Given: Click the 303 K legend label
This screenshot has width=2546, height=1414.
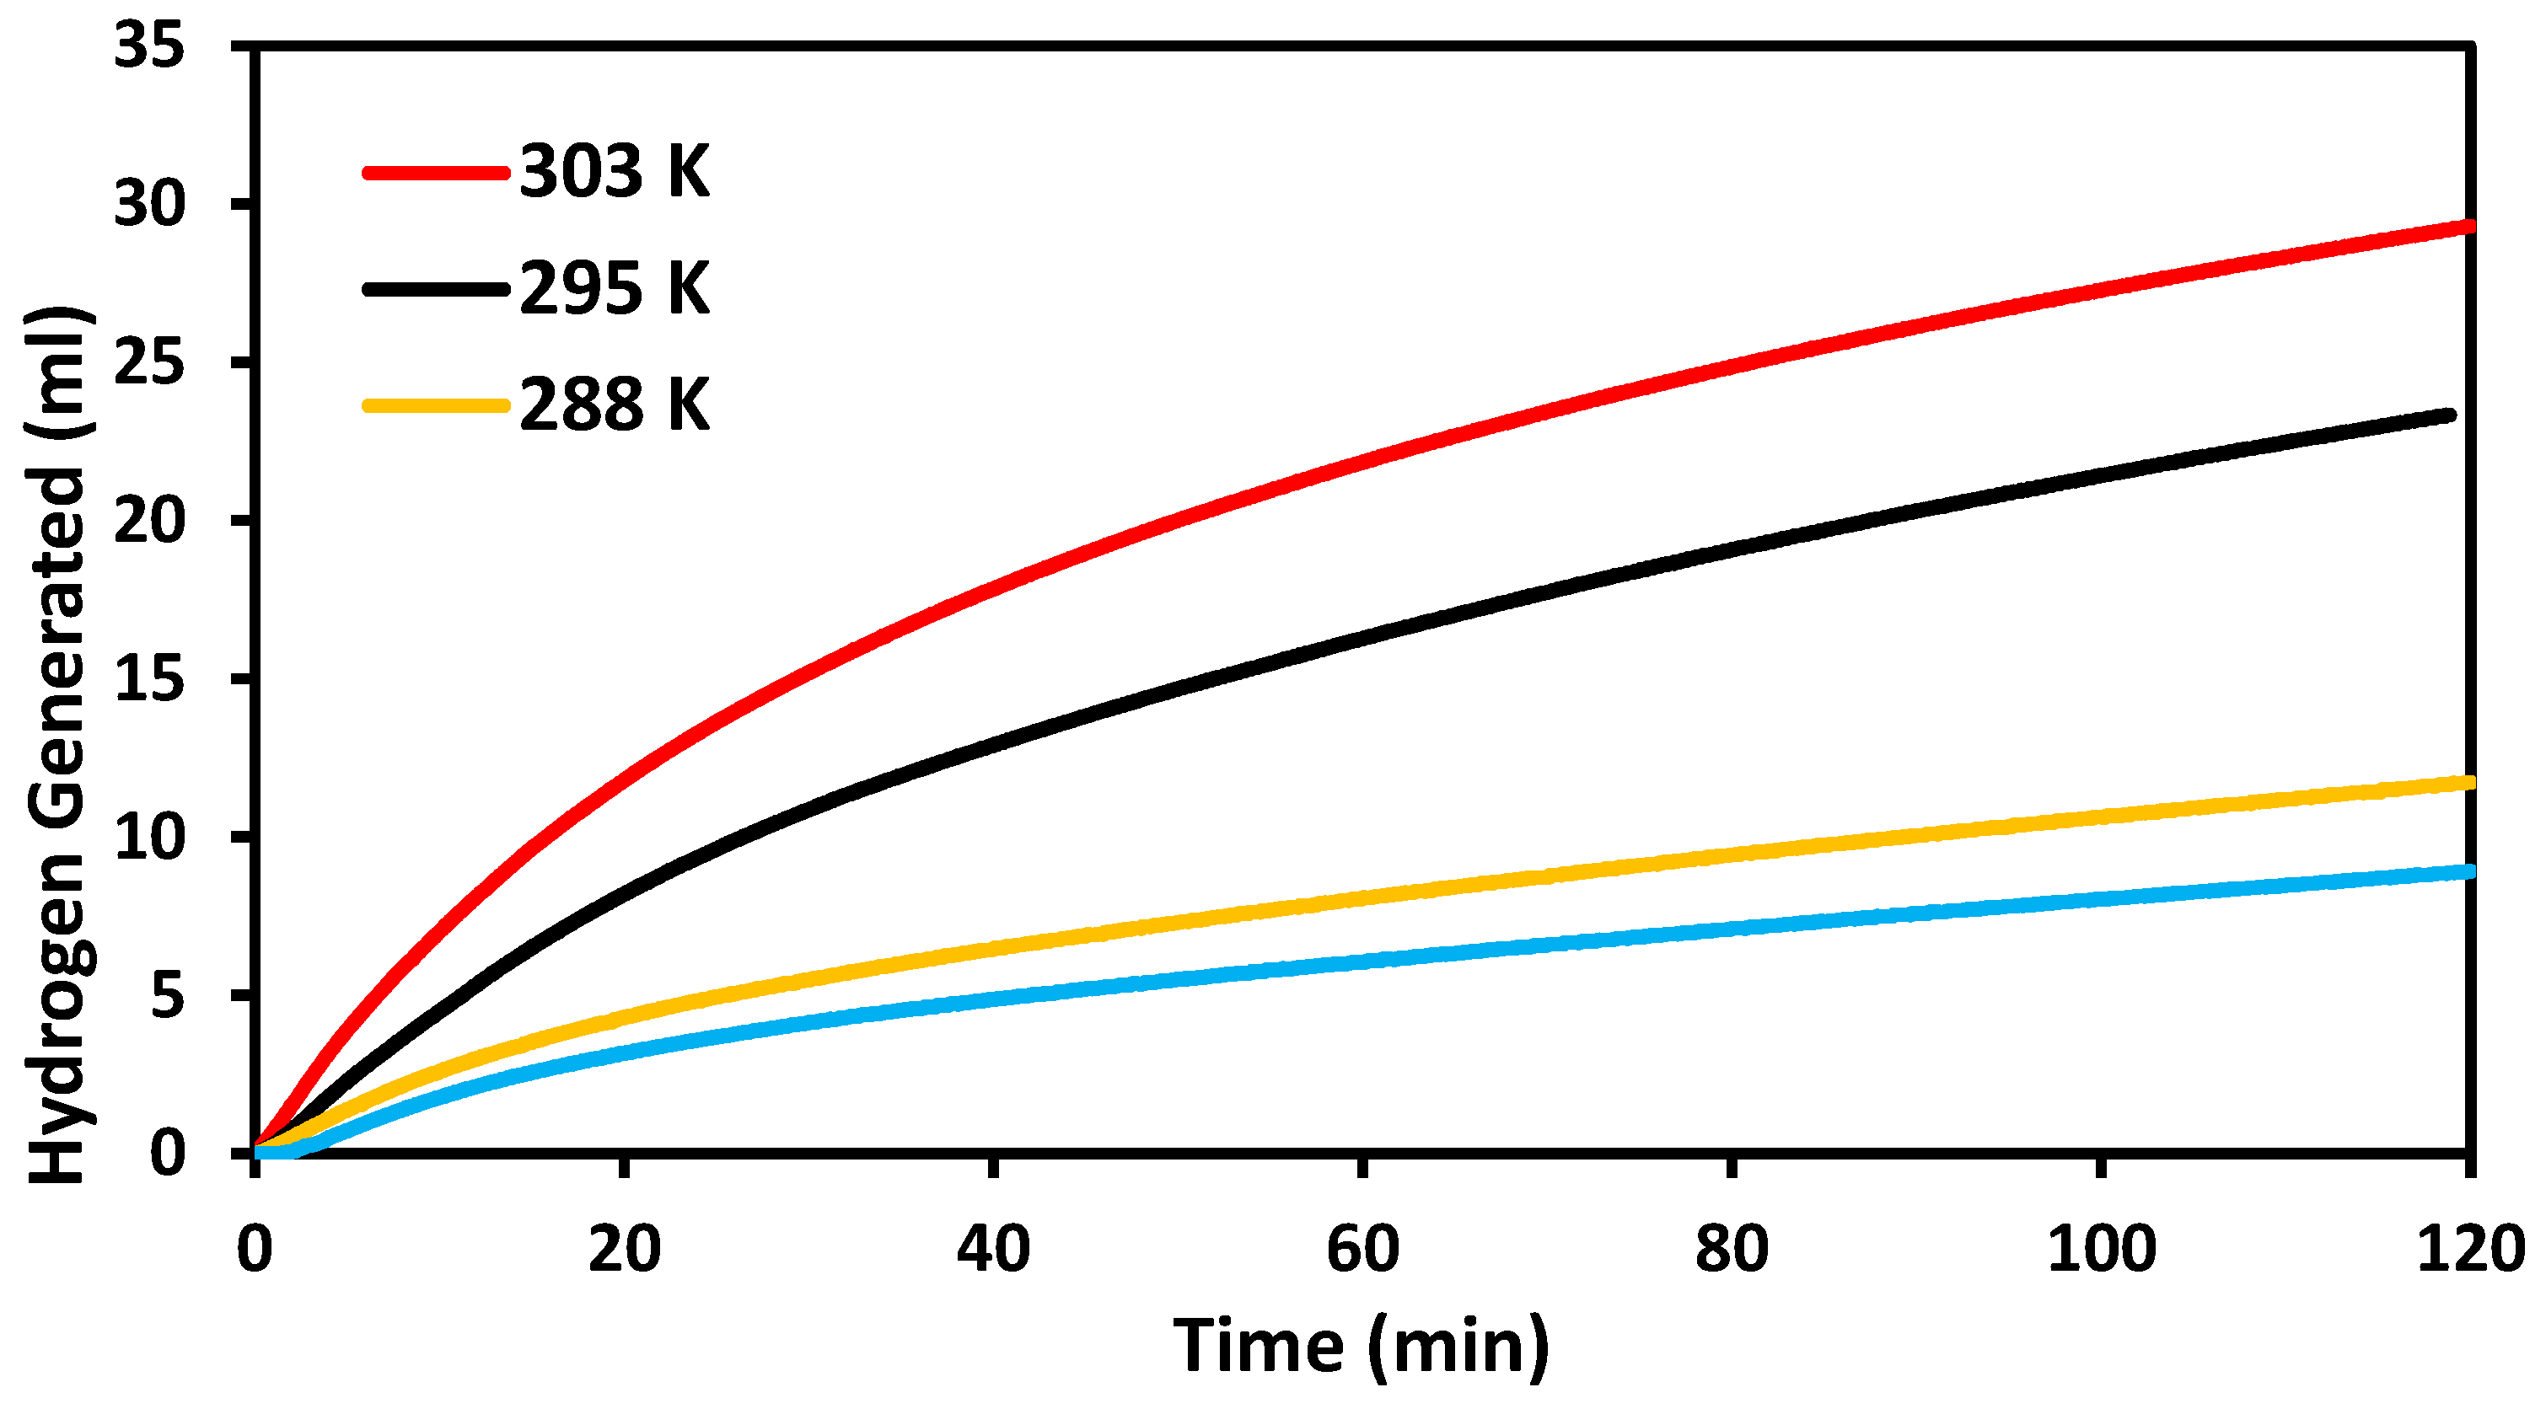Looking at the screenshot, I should (x=614, y=172).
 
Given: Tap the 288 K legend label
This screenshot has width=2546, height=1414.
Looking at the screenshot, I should (x=614, y=405).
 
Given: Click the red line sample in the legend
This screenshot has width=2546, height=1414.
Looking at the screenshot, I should (x=435, y=173).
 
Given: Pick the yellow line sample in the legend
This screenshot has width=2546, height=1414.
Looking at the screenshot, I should (x=435, y=405).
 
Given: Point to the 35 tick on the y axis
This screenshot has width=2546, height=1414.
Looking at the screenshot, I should (x=149, y=46).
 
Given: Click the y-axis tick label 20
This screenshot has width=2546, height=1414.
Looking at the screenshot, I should (x=149, y=521).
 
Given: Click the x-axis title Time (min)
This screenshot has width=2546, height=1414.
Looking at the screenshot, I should (x=1361, y=1347).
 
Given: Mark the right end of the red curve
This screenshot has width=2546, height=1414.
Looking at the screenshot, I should (x=2467, y=227).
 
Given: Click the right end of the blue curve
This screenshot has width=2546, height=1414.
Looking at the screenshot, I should (x=2467, y=871).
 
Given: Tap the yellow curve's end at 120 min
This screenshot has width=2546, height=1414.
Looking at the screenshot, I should (x=2467, y=784).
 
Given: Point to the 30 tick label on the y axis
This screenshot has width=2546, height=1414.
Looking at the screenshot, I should (x=149, y=205).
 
